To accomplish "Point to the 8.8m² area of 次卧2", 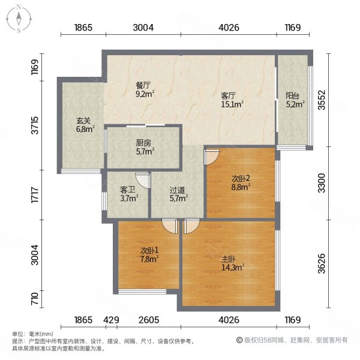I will coord(241,187).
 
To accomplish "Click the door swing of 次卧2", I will coord(210,157).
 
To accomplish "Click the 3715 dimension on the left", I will coord(35,127).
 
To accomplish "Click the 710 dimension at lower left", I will coord(35,298).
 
